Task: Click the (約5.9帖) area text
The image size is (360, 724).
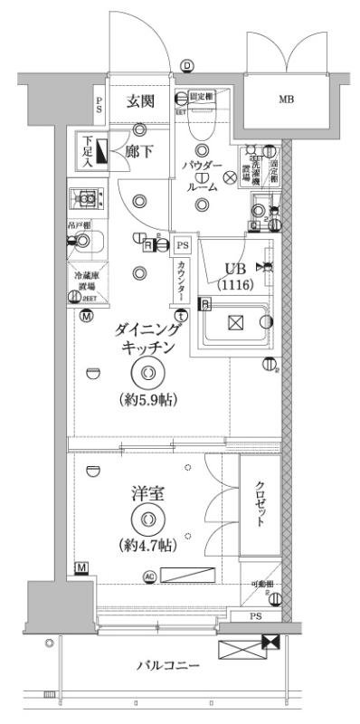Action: pyautogui.click(x=147, y=399)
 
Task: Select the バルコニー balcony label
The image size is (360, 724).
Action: pyautogui.click(x=168, y=665)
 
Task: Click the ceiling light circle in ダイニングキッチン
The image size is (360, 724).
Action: pyautogui.click(x=147, y=373)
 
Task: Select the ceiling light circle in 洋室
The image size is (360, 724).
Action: pyautogui.click(x=147, y=519)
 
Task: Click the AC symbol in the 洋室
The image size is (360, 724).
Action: pyautogui.click(x=149, y=576)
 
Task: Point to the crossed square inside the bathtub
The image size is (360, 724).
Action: pyautogui.click(x=234, y=322)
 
